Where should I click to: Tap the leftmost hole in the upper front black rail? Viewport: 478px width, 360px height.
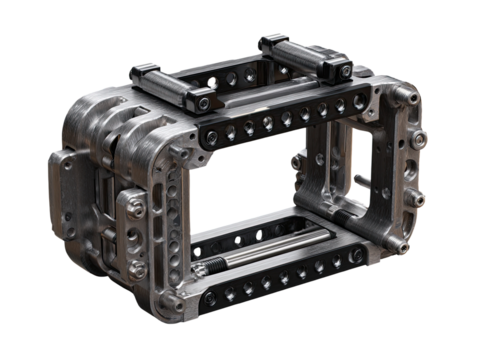pos(211,133)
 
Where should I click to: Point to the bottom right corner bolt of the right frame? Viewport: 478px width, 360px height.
pos(405,247)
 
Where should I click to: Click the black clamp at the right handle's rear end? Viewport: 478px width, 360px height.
pos(270,43)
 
